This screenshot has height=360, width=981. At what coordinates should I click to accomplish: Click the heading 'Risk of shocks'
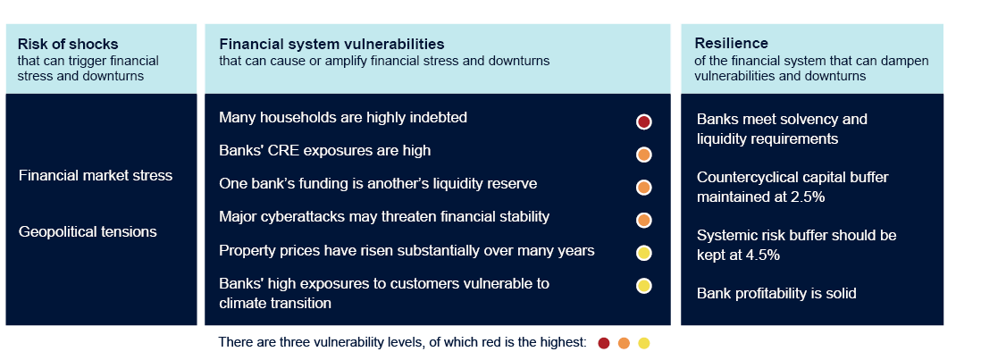(68, 45)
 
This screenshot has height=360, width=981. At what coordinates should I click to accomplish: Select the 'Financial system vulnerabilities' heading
(331, 45)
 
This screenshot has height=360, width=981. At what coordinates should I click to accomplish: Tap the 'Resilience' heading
(732, 43)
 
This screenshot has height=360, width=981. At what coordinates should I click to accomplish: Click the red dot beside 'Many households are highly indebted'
(644, 121)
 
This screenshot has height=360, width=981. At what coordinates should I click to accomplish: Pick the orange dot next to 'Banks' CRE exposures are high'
(644, 155)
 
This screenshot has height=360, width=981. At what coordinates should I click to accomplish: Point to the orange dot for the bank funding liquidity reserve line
(644, 188)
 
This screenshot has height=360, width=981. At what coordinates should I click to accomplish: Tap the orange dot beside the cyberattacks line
(644, 220)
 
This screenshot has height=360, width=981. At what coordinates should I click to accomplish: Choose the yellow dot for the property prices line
(644, 253)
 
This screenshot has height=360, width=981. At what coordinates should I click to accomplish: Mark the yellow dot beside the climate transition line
(644, 286)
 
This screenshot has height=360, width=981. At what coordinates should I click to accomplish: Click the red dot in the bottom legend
(604, 342)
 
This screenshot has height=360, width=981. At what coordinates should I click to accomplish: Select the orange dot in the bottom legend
(624, 342)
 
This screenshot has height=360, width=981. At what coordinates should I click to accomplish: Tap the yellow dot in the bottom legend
(644, 342)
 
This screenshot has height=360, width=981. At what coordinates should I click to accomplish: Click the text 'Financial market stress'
(96, 175)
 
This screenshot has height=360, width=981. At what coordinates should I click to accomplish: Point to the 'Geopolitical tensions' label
(88, 232)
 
